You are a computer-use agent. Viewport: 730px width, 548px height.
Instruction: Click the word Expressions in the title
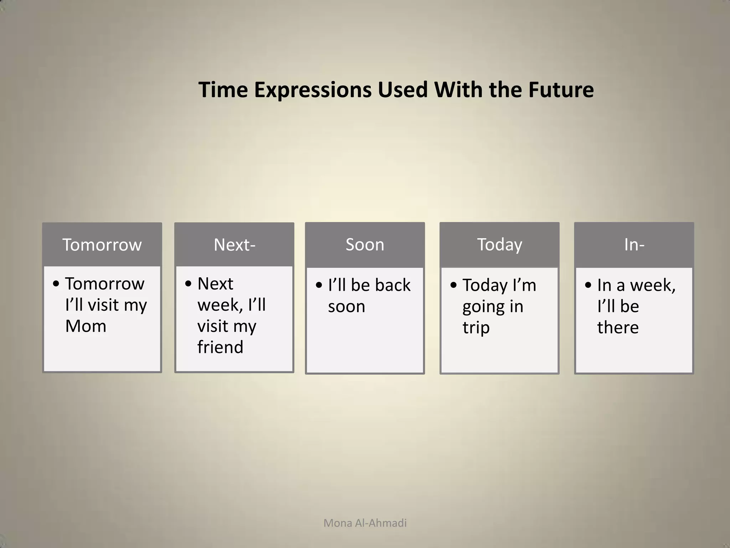pos(313,90)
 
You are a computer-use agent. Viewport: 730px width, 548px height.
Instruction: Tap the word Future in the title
pos(561,90)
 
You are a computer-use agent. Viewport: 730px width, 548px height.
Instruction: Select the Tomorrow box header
pos(102,245)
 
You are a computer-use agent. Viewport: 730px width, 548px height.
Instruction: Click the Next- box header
pos(234,245)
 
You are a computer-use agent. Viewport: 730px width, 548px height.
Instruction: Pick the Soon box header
pos(365,245)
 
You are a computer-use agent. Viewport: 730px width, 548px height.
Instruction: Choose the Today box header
pos(499,245)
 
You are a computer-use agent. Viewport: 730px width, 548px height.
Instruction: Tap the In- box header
pos(634,245)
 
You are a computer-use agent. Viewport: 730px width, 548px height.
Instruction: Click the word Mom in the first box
pos(86,326)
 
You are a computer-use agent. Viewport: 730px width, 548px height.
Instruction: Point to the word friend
pos(220,347)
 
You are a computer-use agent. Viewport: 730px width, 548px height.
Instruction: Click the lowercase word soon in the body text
pos(346,306)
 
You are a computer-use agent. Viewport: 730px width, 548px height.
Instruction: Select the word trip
pos(476,328)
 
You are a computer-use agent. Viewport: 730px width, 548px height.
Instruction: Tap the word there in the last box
pos(618,328)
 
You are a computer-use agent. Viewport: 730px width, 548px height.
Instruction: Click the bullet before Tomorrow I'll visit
pos(56,284)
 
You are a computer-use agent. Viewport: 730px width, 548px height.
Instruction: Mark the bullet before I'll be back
pos(319,285)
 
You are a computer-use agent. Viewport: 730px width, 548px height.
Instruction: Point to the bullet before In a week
pos(588,285)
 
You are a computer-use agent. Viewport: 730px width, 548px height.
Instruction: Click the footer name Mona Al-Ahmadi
pos(365,523)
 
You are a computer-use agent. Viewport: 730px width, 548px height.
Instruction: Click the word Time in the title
pos(223,90)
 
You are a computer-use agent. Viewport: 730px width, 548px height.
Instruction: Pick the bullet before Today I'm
pos(453,285)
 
